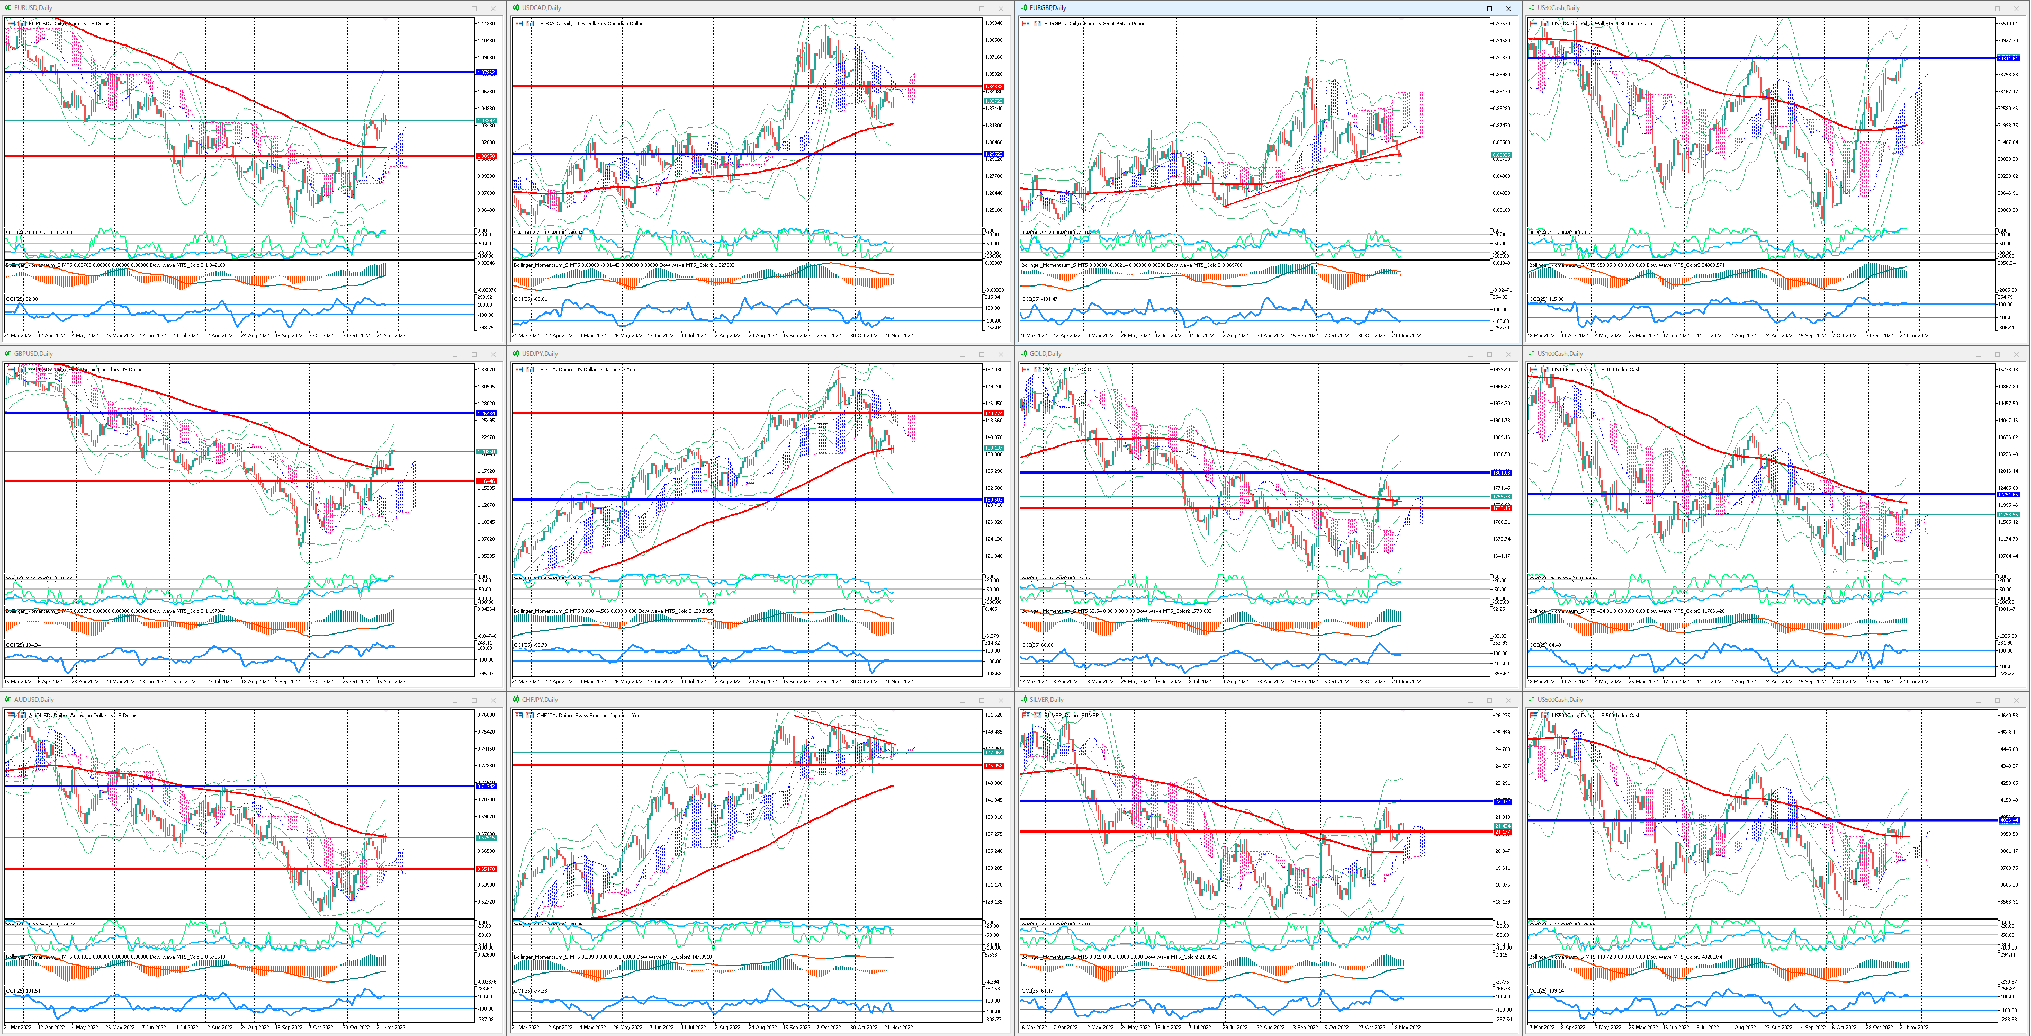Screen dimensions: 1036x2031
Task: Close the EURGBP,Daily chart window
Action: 1508,8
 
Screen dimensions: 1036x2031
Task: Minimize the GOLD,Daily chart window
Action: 1470,354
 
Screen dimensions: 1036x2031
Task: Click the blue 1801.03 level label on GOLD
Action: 1501,472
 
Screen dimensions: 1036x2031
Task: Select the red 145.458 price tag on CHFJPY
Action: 993,765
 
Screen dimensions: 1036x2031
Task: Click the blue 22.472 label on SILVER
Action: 1501,801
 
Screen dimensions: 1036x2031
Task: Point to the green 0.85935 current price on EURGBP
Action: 1501,155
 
